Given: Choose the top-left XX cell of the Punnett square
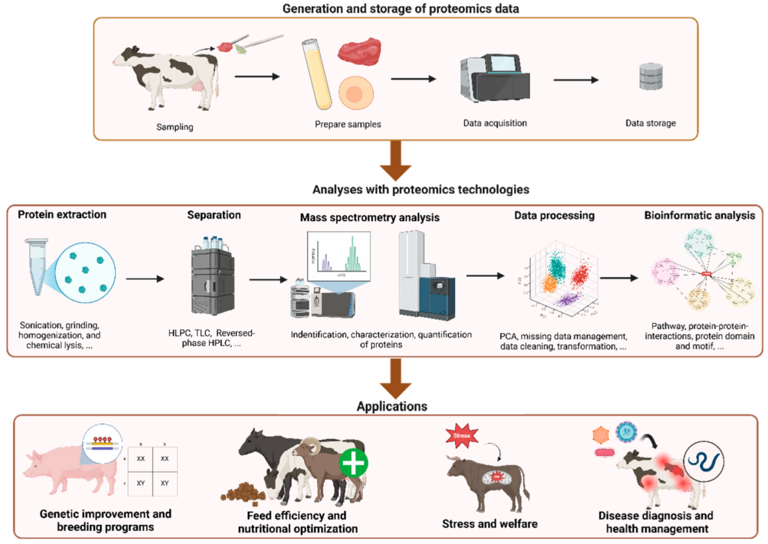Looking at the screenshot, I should (141, 460).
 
